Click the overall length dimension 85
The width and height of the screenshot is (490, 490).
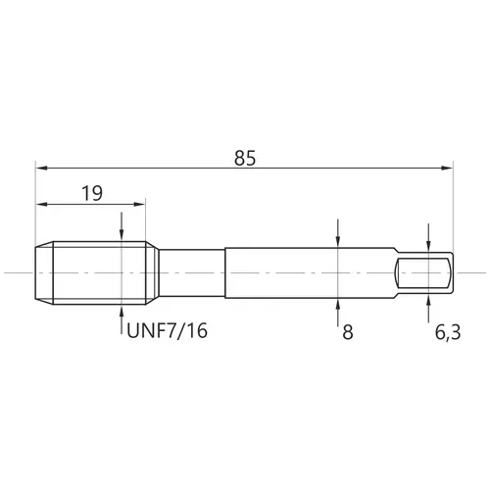click(245, 159)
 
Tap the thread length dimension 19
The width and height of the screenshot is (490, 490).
click(92, 193)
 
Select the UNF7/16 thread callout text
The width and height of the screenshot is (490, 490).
click(167, 330)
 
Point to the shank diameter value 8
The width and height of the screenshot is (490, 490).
click(348, 332)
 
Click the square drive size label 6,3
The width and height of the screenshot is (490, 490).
click(448, 333)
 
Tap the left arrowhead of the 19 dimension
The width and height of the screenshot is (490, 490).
click(42, 205)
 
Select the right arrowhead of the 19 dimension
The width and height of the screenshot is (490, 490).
click(138, 205)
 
